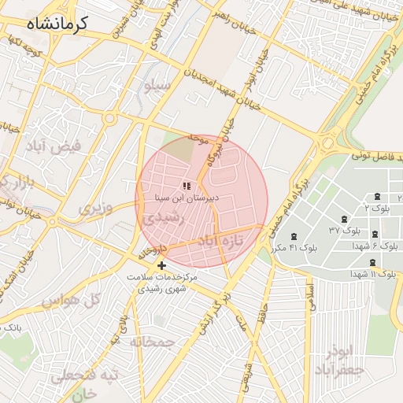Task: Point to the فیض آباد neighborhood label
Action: coord(61,146)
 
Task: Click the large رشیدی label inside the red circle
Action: coord(164,217)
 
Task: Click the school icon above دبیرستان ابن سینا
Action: coord(187,186)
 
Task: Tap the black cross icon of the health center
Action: coord(161,265)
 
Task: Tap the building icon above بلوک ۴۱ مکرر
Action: coord(294,236)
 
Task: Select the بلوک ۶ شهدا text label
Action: coord(375,246)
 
